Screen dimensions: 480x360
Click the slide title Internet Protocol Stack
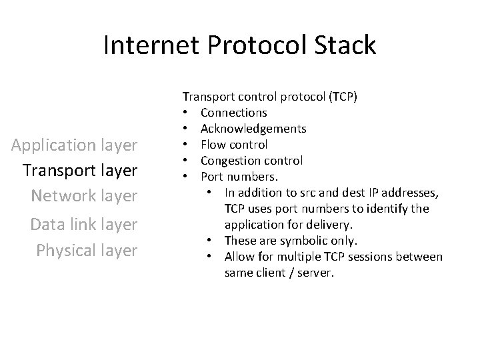(x=240, y=45)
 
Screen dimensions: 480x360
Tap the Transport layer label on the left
(x=79, y=170)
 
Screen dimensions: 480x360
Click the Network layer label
(x=83, y=195)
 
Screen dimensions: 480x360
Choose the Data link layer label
(x=83, y=224)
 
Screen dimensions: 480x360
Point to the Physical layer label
(x=87, y=250)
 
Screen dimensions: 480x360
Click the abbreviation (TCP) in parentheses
(x=343, y=97)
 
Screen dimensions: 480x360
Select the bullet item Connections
(x=233, y=113)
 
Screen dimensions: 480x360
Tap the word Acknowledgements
(x=253, y=129)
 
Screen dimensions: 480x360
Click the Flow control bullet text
(x=234, y=145)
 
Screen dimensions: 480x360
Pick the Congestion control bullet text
(x=251, y=161)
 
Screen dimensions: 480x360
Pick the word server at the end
(x=317, y=273)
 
